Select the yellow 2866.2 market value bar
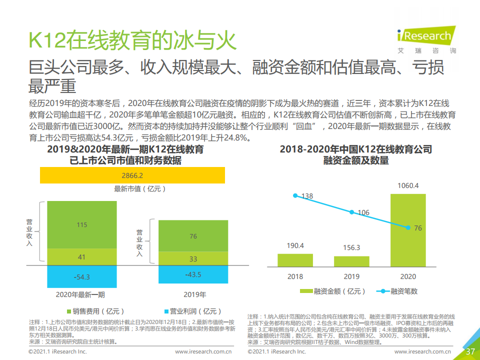132,175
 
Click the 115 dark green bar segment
82,225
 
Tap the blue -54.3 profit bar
82,276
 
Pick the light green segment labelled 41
82,256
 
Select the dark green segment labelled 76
193,236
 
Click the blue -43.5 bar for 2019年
193,274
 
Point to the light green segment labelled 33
193,258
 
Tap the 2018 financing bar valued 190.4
295,260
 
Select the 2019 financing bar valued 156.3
351,261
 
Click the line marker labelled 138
295,195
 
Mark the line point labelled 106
351,212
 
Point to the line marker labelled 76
408,228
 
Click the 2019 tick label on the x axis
351,276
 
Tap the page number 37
470,351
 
